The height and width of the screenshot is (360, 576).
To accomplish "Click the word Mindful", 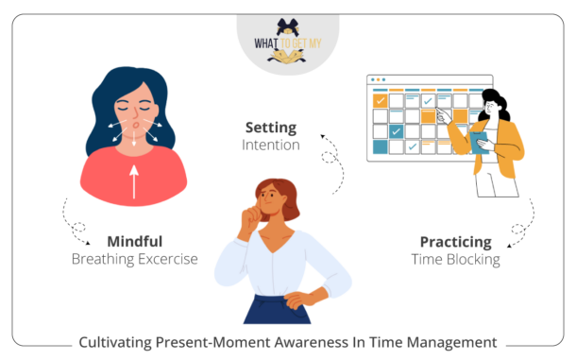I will tap(134, 241).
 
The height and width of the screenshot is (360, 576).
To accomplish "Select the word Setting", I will tap(271, 128).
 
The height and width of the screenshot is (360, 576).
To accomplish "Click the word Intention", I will tap(271, 146).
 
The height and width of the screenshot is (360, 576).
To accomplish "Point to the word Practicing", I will tap(456, 241).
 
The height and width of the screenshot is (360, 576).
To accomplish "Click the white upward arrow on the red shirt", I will tap(134, 180).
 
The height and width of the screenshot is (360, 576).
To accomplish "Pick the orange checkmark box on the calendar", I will tap(381, 99).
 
